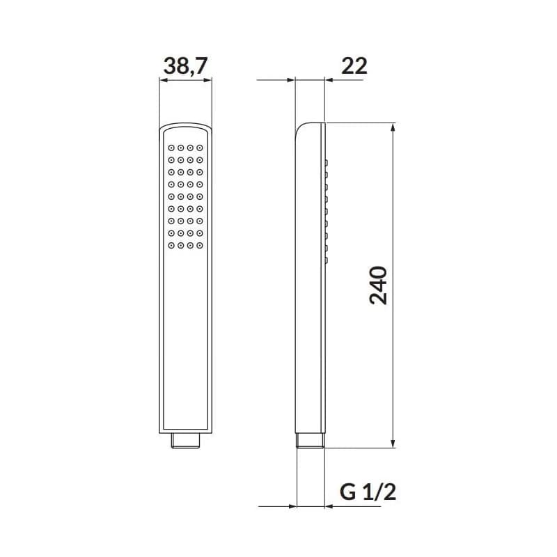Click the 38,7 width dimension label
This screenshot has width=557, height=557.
pos(185,66)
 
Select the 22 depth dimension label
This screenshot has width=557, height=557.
pos(354,66)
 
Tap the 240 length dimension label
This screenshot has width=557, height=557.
pos(378,285)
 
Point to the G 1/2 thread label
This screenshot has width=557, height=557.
pos(368,492)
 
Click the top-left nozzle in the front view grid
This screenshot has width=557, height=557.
pos(171,148)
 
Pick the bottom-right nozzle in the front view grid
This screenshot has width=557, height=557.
pos(200,246)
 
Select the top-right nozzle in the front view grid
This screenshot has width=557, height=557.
pos(200,148)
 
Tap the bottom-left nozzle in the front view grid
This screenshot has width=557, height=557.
pos(171,246)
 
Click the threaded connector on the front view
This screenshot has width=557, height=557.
pos(185,441)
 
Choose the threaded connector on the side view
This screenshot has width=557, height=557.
pos(310,441)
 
